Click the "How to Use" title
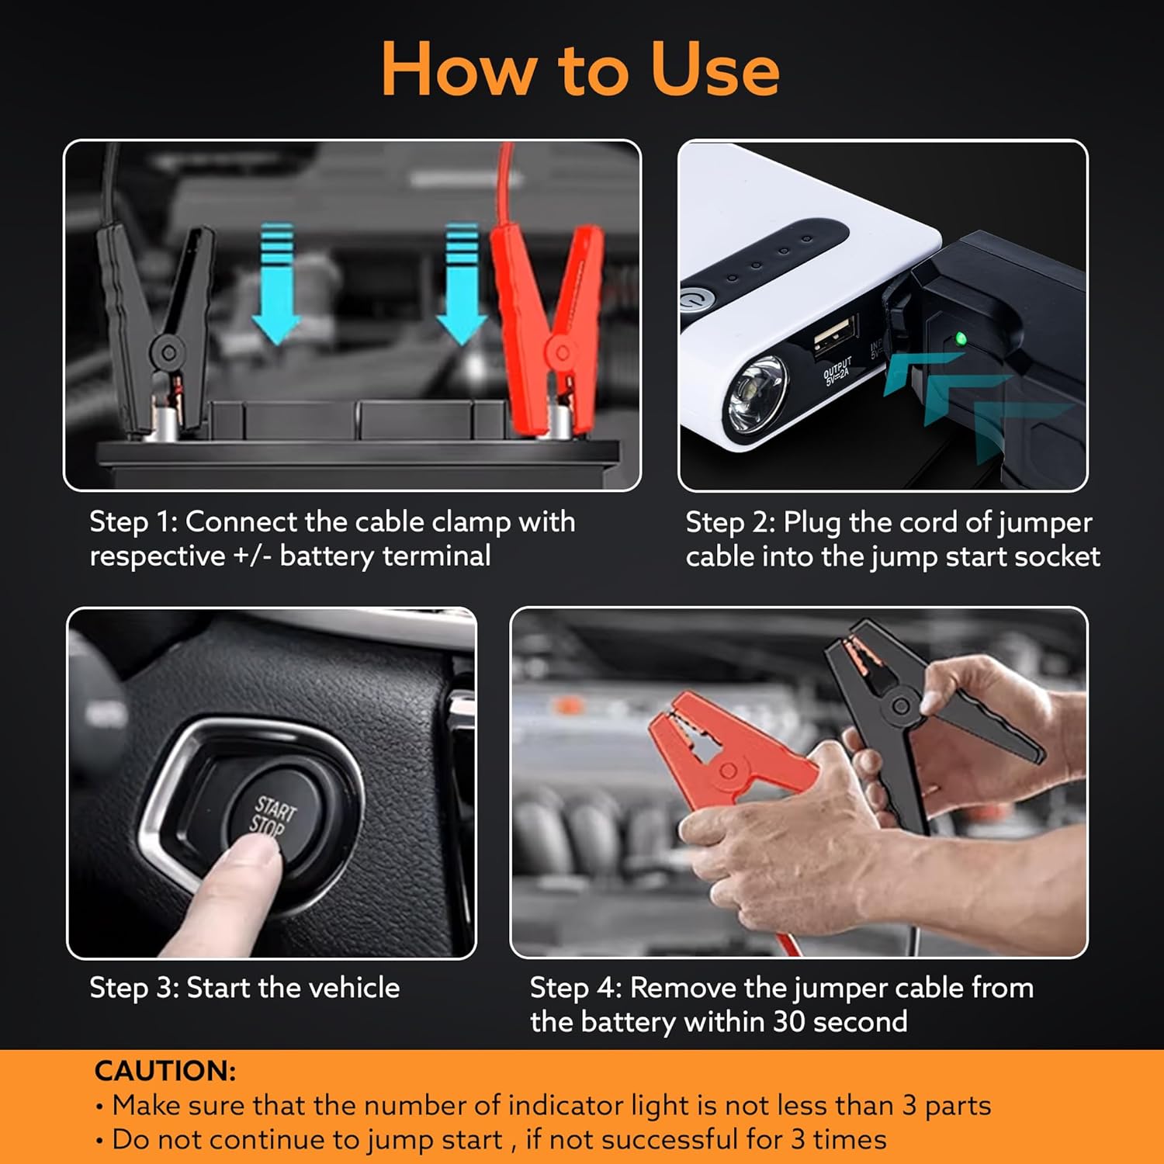click(580, 70)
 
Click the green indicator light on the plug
click(961, 338)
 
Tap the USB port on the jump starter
click(834, 336)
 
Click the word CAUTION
click(165, 1071)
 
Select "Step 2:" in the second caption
click(730, 522)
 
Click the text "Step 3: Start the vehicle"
click(244, 988)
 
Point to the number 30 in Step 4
click(789, 1022)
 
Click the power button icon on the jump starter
click(689, 300)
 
